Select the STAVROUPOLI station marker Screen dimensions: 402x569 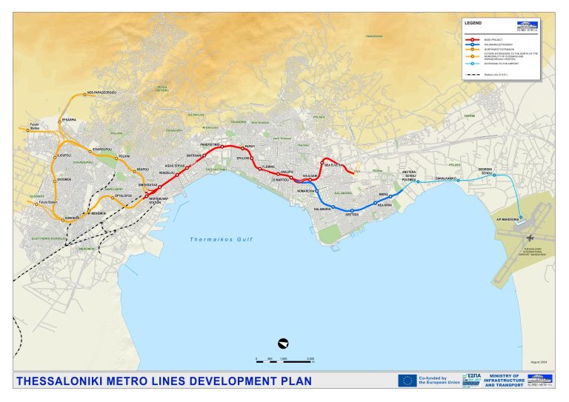(90, 151)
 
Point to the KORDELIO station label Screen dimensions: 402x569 (72, 218)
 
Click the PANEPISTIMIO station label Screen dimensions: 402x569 (211, 144)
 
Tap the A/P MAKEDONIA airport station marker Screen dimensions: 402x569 (521, 218)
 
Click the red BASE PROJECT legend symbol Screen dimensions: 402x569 (472, 35)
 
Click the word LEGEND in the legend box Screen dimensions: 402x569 (473, 24)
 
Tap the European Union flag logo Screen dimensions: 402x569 (407, 381)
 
